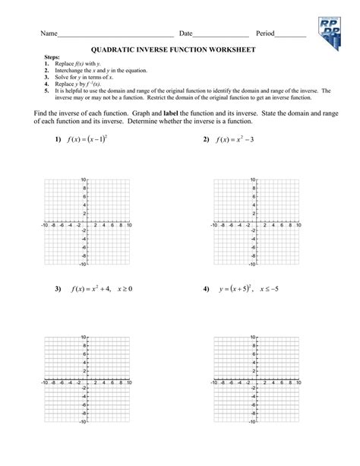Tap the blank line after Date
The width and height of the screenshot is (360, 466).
(220, 36)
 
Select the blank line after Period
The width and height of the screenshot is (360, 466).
(291, 36)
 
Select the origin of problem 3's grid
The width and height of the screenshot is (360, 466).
(88, 377)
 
